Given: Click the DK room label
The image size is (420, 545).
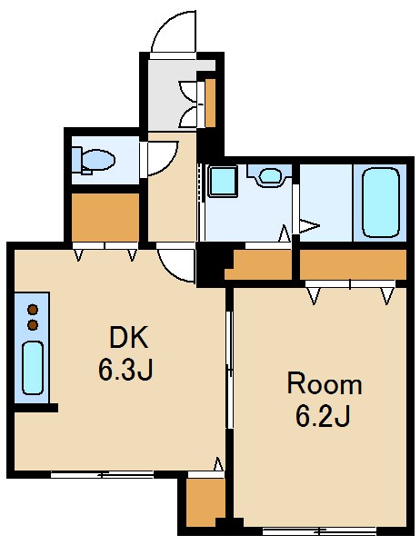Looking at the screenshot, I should [127, 338].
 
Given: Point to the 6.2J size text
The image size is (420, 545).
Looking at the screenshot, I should [323, 416].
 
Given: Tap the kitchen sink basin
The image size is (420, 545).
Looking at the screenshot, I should [33, 367].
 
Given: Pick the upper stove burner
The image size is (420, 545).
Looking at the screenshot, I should [34, 308].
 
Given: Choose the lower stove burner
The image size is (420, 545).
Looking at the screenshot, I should [34, 323].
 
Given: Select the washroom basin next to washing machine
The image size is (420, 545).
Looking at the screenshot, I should [269, 175].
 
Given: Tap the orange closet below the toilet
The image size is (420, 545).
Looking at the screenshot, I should [105, 217].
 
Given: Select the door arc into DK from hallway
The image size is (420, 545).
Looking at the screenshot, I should [175, 263].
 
